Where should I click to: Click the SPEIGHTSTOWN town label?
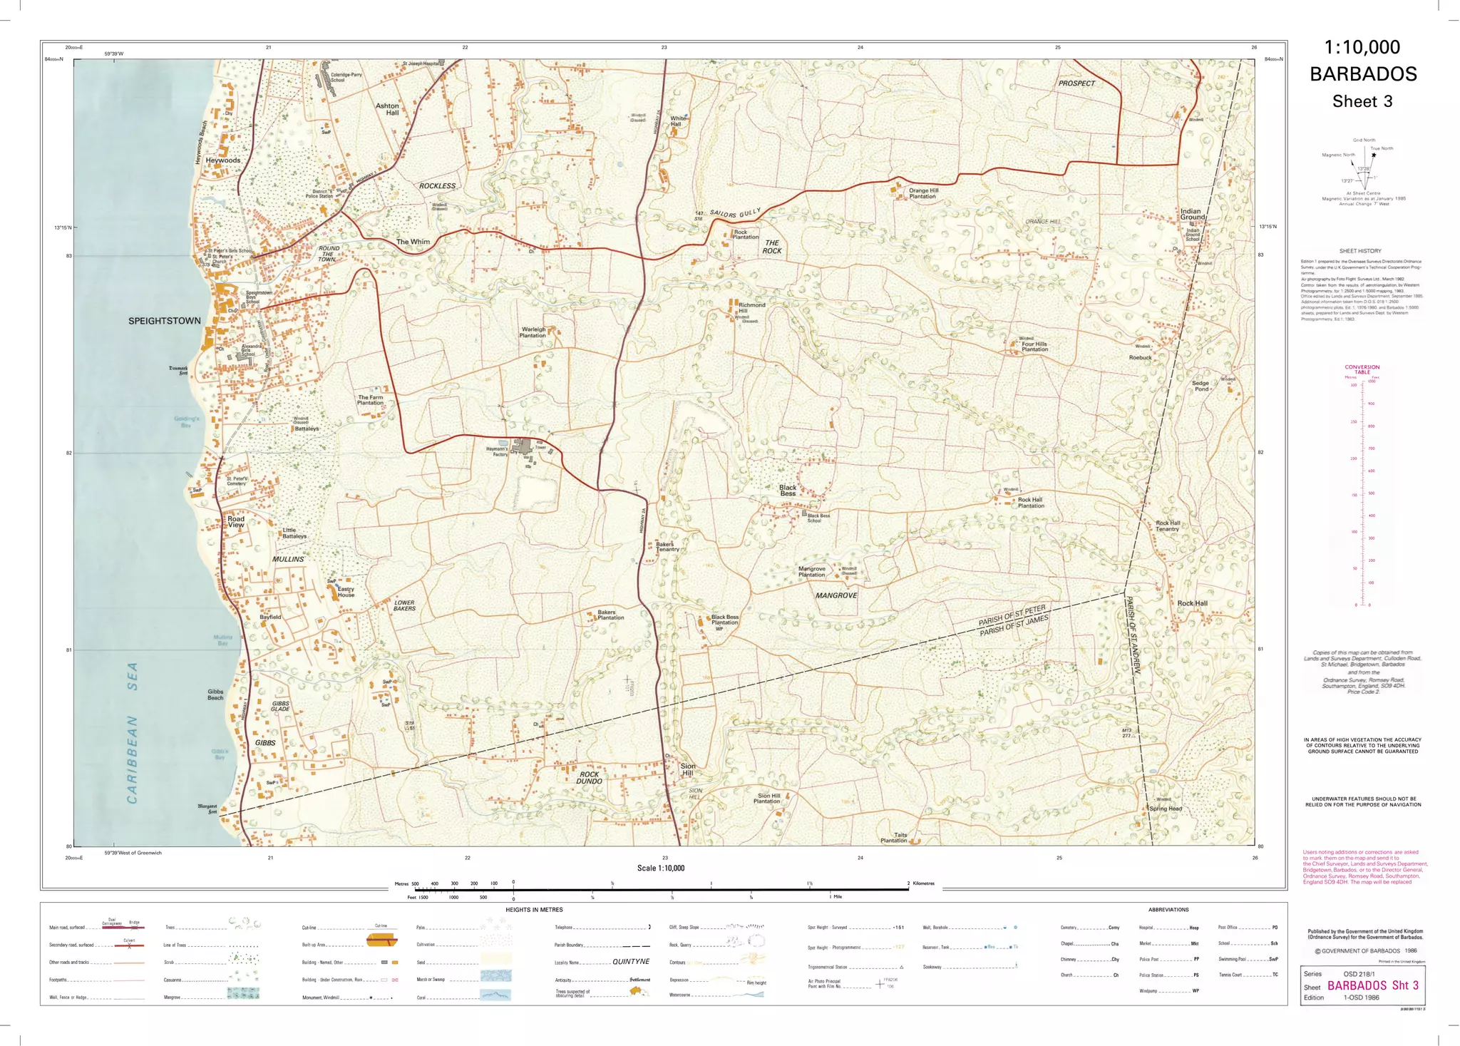(x=164, y=321)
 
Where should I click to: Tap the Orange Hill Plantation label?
(x=923, y=193)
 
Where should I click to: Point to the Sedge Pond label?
(x=1201, y=386)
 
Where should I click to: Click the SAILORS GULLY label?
(x=736, y=213)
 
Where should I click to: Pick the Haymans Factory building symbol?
(x=525, y=447)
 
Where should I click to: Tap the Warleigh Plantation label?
(x=533, y=332)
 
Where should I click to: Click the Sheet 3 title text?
(x=1362, y=101)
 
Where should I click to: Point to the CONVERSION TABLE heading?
(x=1362, y=369)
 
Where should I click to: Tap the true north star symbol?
(x=1374, y=155)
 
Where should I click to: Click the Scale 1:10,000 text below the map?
(x=661, y=868)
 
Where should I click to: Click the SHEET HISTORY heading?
(x=1359, y=251)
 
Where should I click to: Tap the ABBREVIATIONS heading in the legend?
(x=1168, y=910)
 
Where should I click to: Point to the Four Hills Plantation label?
(x=1034, y=347)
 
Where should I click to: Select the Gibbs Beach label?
(x=215, y=694)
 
